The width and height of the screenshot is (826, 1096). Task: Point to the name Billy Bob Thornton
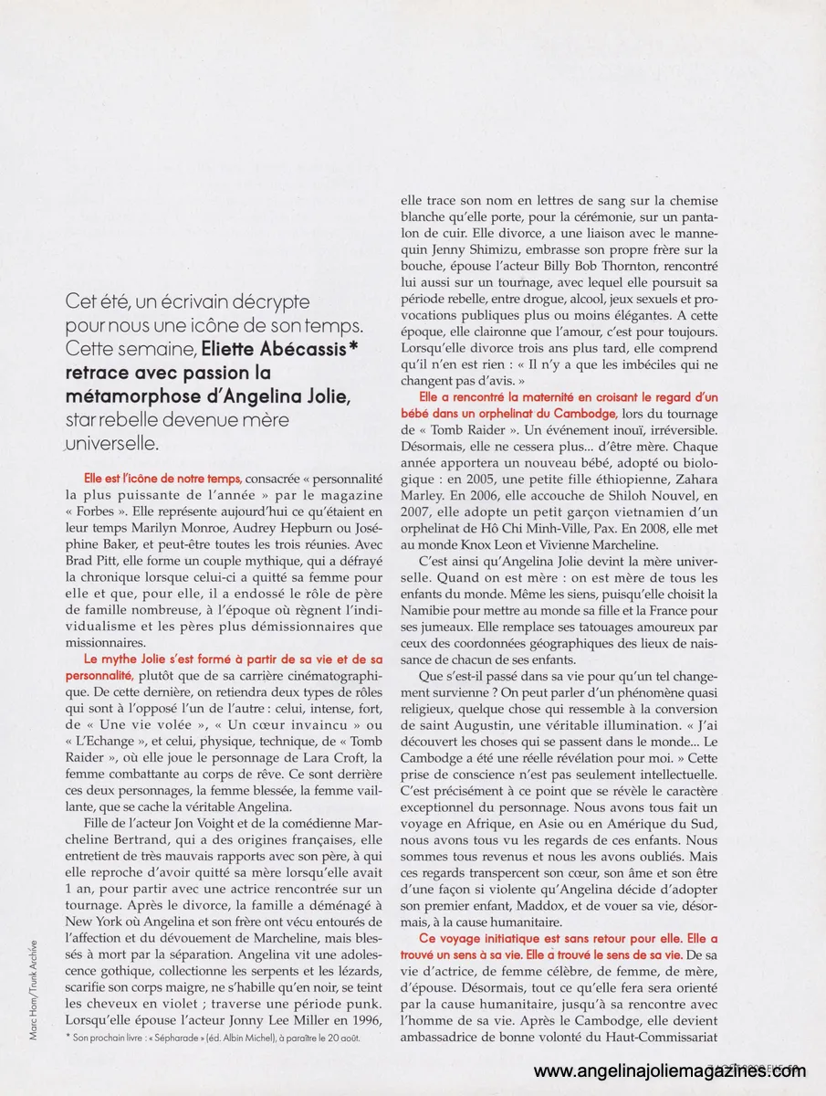point(579,266)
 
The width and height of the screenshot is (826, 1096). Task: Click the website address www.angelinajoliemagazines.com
point(675,1071)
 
